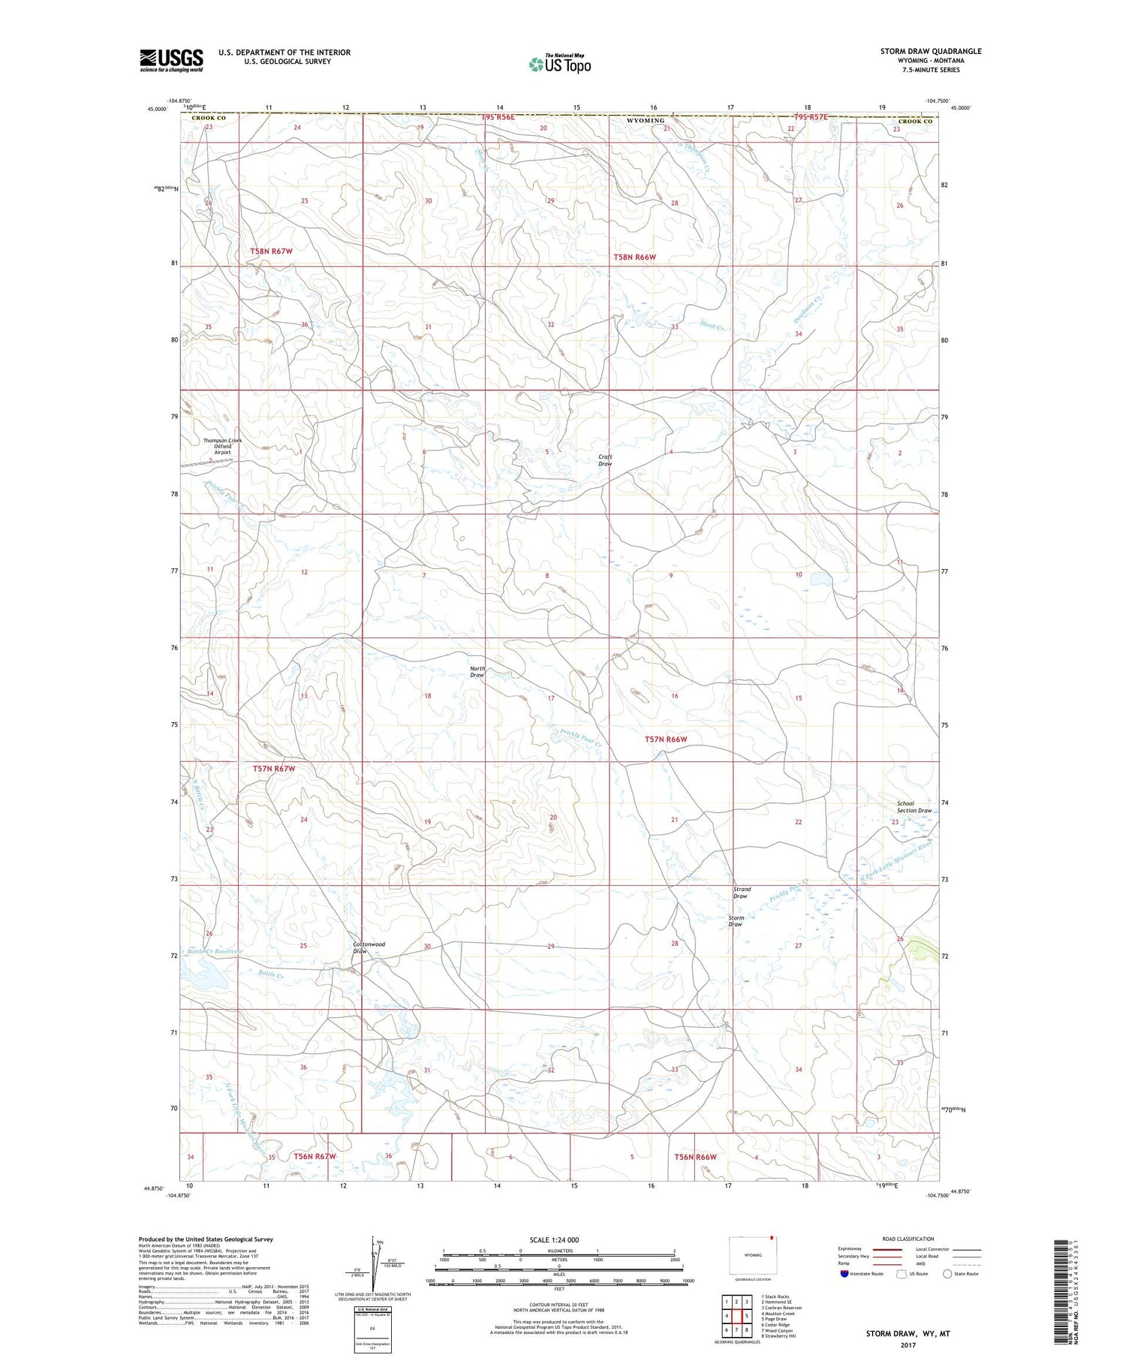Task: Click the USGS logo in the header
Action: coord(171,60)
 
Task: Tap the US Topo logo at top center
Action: coord(560,65)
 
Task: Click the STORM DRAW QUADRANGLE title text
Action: coord(931,51)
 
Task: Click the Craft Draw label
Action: coord(605,460)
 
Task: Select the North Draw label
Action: coord(477,672)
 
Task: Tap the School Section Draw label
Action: coord(914,807)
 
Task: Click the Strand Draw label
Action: coord(741,893)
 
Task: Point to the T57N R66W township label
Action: coord(666,739)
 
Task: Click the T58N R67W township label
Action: coord(271,251)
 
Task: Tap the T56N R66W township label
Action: coord(695,1157)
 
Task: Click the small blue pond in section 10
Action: coord(819,580)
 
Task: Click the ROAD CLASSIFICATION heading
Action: coord(908,1239)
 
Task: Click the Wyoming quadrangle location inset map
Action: coord(752,1254)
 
